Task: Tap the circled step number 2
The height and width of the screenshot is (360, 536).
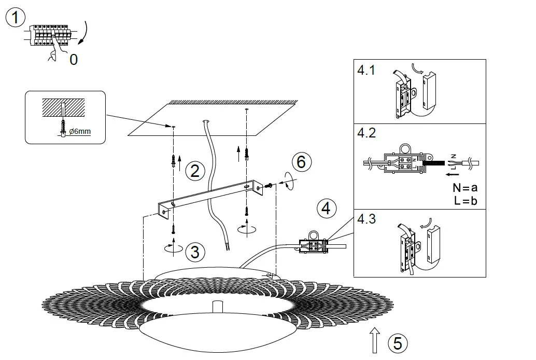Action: click(x=194, y=171)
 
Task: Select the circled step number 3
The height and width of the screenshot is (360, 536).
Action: click(x=194, y=252)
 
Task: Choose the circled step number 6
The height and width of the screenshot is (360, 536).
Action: click(x=301, y=162)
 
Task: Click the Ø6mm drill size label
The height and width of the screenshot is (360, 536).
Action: click(x=80, y=131)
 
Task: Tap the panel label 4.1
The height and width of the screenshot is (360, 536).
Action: click(x=366, y=71)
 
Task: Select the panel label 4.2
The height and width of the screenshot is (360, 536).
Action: click(x=366, y=133)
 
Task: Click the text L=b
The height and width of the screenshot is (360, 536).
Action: click(x=465, y=201)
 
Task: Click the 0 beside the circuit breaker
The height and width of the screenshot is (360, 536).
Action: click(x=74, y=60)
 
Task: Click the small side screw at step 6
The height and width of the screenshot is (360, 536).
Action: click(x=269, y=185)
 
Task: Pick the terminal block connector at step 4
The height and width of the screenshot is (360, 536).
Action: click(x=313, y=244)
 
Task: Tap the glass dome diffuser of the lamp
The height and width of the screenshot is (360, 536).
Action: click(x=218, y=332)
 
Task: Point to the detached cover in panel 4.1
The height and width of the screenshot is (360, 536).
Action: click(x=430, y=93)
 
